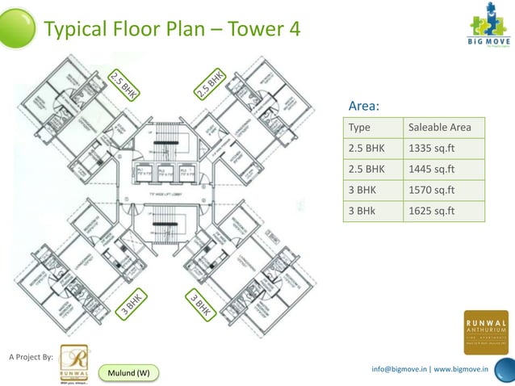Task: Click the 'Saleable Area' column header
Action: (445, 128)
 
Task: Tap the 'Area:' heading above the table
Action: (363, 107)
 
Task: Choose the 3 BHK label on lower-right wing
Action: (201, 304)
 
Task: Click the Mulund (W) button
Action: (128, 372)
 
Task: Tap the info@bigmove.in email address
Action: (399, 369)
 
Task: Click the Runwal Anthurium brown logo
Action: (486, 332)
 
